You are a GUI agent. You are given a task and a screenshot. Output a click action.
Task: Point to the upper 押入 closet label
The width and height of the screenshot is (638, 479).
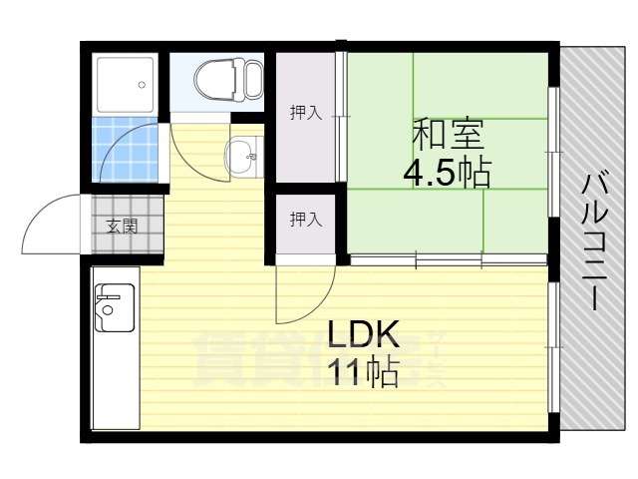click(305, 113)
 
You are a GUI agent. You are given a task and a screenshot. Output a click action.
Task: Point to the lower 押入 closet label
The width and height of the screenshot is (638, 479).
click(305, 220)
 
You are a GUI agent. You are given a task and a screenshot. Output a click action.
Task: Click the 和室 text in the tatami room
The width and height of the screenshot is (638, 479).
click(448, 133)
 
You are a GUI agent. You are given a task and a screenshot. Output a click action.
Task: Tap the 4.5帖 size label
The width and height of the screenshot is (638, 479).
click(446, 174)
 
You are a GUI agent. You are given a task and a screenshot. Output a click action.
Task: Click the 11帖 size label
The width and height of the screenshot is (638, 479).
click(365, 373)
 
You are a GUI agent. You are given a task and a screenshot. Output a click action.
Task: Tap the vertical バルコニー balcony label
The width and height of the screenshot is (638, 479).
click(595, 239)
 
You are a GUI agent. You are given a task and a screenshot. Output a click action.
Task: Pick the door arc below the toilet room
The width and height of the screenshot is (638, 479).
click(194, 155)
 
